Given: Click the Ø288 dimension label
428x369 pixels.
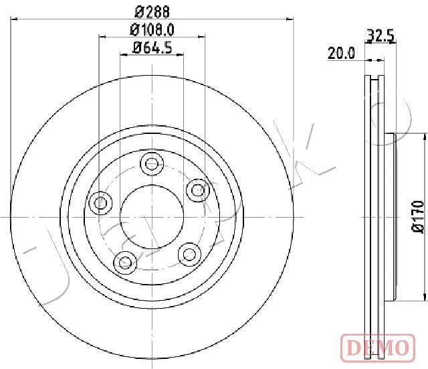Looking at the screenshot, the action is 152,12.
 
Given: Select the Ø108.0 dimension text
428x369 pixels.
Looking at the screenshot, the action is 152,29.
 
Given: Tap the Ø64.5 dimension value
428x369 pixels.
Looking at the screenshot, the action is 152,48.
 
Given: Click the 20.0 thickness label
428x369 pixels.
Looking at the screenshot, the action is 341,53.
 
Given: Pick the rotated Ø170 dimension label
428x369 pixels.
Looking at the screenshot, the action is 418,217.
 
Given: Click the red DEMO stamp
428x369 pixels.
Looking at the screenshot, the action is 378,348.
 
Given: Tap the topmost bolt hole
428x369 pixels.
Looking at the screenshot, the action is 152,163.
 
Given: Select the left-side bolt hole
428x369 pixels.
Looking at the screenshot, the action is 101,203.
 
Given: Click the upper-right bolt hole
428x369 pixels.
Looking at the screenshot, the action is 198,190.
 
